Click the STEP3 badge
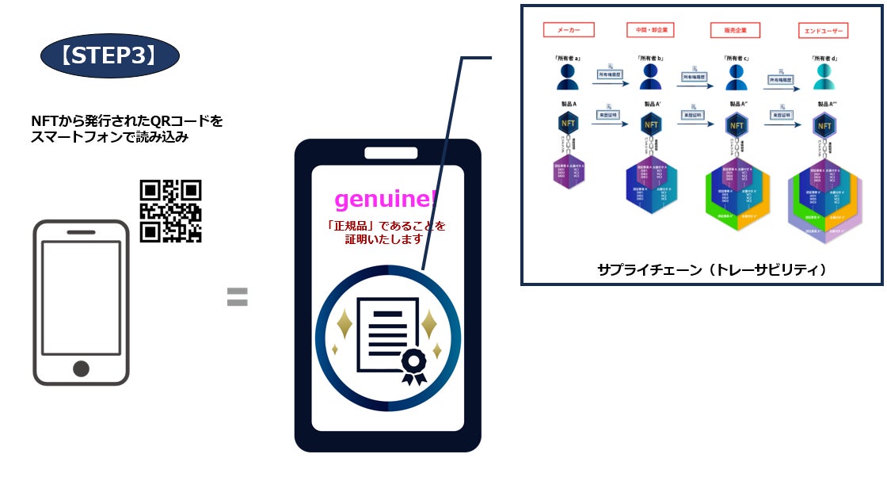pyautogui.click(x=109, y=55)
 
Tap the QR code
pyautogui.click(x=171, y=211)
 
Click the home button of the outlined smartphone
pyautogui.click(x=81, y=368)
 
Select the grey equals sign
pyautogui.click(x=238, y=297)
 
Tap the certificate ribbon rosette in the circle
pyautogui.click(x=413, y=364)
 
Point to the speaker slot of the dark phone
pyautogui.click(x=387, y=153)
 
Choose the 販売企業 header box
pyautogui.click(x=737, y=31)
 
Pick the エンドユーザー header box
pyautogui.click(x=824, y=31)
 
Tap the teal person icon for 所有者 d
pyautogui.click(x=824, y=77)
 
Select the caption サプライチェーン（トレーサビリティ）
pyautogui.click(x=701, y=269)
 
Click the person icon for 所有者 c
pyautogui.click(x=737, y=77)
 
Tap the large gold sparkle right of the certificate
pyautogui.click(x=428, y=324)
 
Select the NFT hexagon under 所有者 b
pyautogui.click(x=651, y=124)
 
